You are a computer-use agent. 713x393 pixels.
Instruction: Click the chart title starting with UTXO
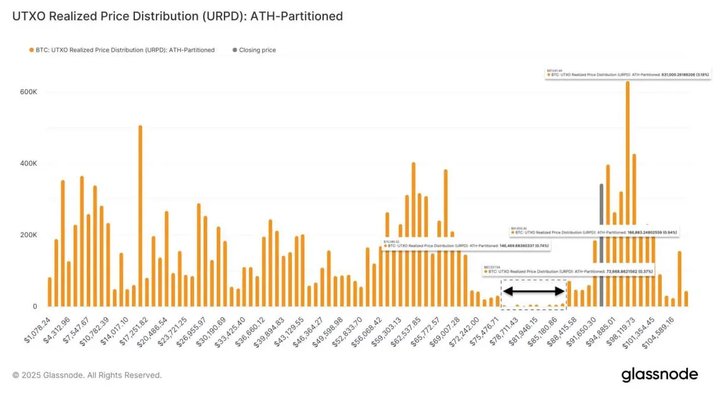pos(177,16)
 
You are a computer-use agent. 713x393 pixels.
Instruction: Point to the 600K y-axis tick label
pos(29,92)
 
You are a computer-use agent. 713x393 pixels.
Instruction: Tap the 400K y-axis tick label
pos(29,164)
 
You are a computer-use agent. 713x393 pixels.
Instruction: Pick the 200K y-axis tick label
pos(29,235)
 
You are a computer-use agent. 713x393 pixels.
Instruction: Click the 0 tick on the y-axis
pos(35,306)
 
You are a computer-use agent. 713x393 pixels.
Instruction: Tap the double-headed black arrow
pos(534,291)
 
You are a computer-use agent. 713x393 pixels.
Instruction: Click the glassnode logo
pos(660,375)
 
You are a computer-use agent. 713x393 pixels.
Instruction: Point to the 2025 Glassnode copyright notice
pos(87,375)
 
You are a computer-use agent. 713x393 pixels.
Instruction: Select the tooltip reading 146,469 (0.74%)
pos(466,245)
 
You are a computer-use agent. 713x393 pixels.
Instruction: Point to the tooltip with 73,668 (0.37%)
pos(569,270)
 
